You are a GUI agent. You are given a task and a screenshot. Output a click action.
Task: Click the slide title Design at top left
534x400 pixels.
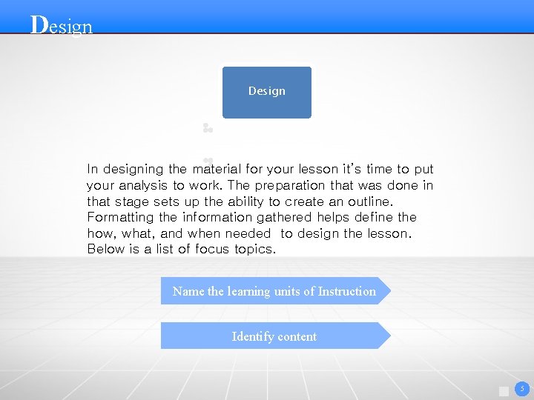62,26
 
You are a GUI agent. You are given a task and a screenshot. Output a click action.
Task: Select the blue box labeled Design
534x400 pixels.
266,92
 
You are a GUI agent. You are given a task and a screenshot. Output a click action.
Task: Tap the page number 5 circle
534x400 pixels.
521,388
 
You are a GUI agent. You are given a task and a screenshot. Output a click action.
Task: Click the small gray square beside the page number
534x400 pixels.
504,391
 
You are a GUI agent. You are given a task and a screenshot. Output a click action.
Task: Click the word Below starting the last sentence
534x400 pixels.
105,249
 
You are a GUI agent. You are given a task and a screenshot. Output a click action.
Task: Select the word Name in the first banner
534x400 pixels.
188,291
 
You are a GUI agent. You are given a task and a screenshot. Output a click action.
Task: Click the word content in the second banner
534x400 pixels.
297,336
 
